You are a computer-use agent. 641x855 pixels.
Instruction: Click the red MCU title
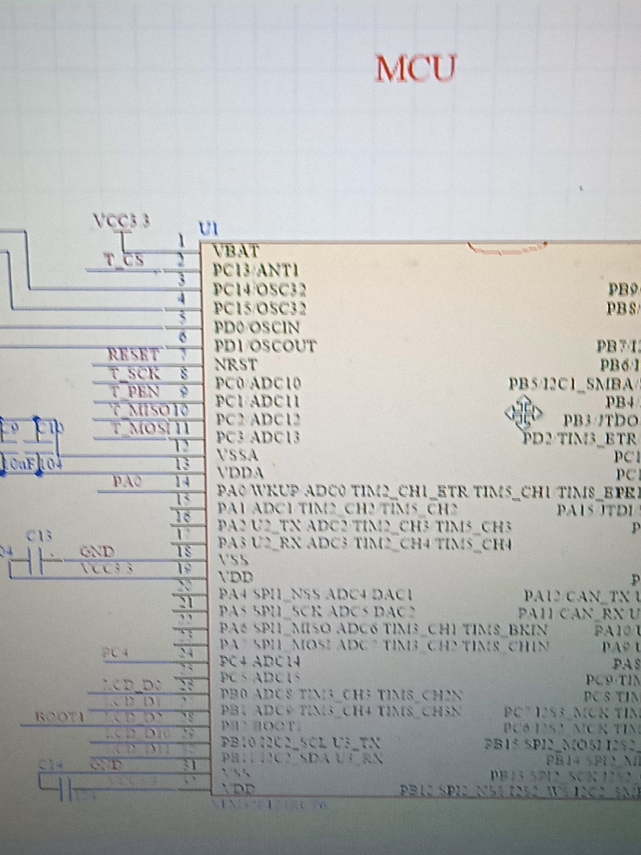[416, 68]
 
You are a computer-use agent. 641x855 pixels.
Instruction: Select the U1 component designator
[208, 229]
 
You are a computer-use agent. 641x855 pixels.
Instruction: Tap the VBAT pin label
[236, 251]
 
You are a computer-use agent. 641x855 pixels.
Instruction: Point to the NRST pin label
[236, 364]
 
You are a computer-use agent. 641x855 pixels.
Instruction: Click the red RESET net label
[134, 354]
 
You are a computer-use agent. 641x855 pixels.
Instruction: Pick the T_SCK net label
[135, 373]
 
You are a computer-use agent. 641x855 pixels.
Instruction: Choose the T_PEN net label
[135, 392]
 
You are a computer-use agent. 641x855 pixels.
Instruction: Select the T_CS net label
[124, 260]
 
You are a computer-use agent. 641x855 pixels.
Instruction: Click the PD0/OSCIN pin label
[256, 327]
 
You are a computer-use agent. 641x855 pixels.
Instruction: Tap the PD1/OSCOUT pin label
[265, 346]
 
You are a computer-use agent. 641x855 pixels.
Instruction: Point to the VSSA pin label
[237, 455]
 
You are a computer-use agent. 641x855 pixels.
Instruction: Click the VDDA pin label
[240, 473]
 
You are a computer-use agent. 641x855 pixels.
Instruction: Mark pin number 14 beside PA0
[183, 482]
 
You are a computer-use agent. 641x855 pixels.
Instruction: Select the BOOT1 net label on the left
[59, 717]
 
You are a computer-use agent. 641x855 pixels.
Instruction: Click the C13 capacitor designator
[39, 536]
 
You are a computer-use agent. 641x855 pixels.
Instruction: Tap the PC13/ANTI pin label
[256, 271]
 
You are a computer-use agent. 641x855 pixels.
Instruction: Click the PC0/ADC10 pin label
[258, 383]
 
